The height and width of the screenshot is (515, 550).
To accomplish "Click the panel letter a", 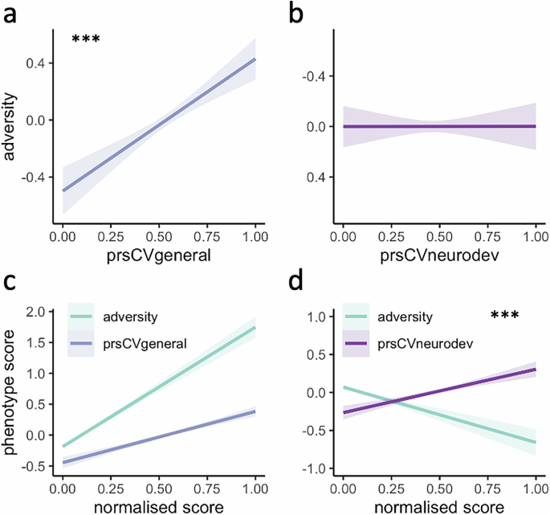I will click(x=12, y=14).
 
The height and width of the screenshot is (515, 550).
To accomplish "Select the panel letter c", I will click(x=12, y=282).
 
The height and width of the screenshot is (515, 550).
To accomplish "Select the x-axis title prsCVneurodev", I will click(x=438, y=256).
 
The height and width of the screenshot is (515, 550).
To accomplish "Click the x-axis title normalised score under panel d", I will click(x=438, y=507).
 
